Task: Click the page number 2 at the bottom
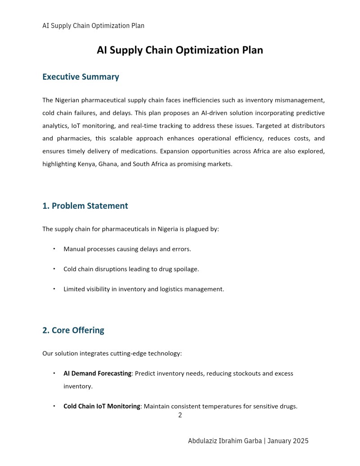coord(180,415)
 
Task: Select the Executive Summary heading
coord(81,77)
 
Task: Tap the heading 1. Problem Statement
coord(85,206)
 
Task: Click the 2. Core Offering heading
coord(73,330)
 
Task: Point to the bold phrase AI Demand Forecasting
coord(97,374)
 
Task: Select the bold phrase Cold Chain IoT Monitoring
coord(102,406)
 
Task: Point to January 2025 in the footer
coord(288,441)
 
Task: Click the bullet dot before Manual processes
coord(54,249)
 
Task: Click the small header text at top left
coord(93,26)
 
